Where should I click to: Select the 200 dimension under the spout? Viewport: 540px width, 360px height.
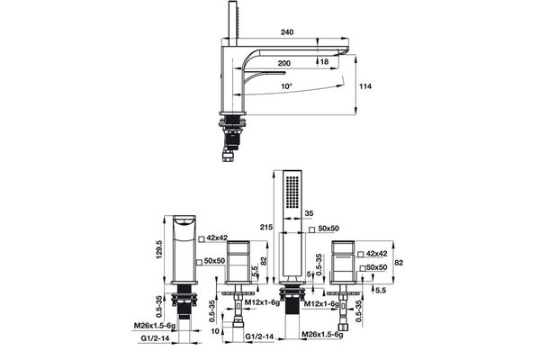(x=284, y=65)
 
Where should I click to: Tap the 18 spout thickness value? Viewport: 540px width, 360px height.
(x=323, y=62)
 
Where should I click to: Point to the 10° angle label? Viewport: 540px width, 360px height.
(x=286, y=86)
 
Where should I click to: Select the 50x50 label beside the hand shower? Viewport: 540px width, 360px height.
(x=326, y=230)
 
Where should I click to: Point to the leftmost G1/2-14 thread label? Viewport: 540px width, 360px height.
(x=155, y=338)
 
